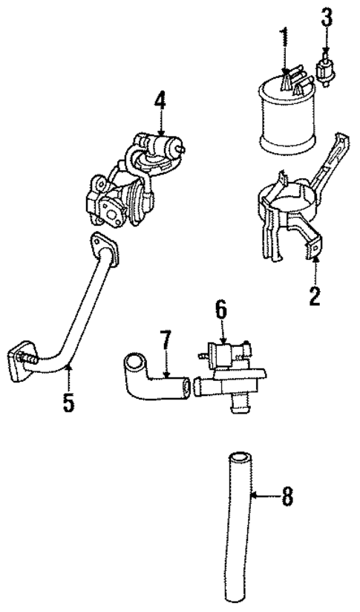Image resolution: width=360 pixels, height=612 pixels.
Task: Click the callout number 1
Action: click(282, 35)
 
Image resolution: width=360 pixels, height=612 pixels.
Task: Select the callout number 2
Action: click(315, 297)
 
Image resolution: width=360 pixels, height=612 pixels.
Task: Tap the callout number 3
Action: click(325, 17)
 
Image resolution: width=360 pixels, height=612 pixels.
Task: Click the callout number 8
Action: click(285, 495)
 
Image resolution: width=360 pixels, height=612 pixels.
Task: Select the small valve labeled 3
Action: click(324, 68)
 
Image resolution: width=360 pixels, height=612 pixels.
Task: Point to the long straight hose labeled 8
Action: click(238, 535)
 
